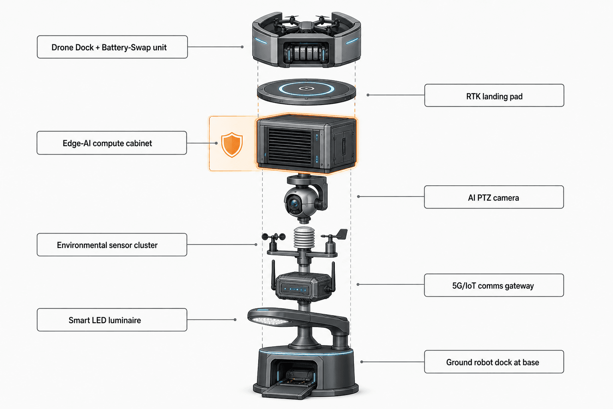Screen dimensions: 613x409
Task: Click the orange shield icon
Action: click(x=232, y=145)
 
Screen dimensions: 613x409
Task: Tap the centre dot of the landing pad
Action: click(x=306, y=89)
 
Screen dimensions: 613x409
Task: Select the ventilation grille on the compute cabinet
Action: click(x=290, y=147)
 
